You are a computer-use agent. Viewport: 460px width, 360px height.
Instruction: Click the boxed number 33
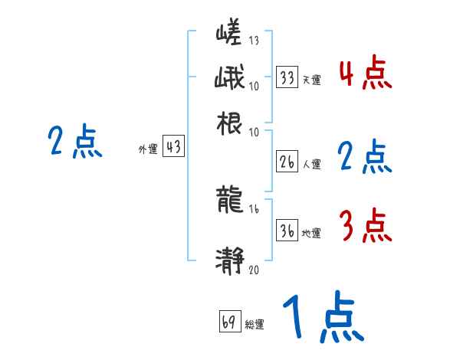click(287, 77)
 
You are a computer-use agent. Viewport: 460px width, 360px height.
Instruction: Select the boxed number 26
click(287, 162)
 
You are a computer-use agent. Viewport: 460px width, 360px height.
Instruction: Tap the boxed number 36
click(287, 231)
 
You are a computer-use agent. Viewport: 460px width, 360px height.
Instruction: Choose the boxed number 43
click(174, 148)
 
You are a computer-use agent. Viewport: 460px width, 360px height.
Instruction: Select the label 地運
click(311, 233)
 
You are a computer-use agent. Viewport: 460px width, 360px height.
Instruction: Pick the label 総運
click(255, 325)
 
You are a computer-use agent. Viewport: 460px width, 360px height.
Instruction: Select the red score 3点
click(365, 225)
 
